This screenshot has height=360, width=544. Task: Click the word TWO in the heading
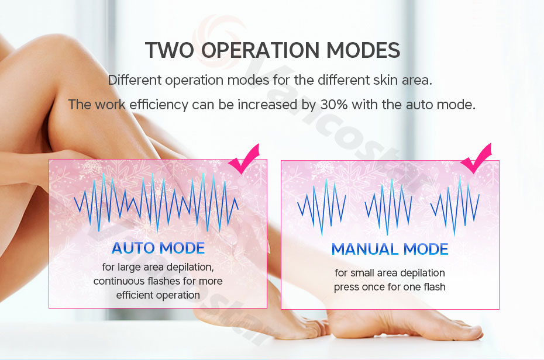pyautogui.click(x=170, y=50)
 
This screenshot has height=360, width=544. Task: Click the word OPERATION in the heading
pyautogui.click(x=260, y=50)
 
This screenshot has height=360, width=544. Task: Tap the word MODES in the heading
pyautogui.click(x=363, y=50)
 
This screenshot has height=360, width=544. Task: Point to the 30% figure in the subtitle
pyautogui.click(x=334, y=104)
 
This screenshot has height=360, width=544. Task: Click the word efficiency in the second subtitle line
pyautogui.click(x=159, y=105)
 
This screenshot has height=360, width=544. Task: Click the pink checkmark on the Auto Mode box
pyautogui.click(x=244, y=159)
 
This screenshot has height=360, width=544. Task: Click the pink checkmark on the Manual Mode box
pyautogui.click(x=476, y=158)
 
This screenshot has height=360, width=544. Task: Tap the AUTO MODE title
pyautogui.click(x=158, y=248)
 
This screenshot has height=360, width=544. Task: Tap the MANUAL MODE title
pyautogui.click(x=390, y=249)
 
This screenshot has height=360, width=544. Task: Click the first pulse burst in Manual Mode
pyautogui.click(x=322, y=207)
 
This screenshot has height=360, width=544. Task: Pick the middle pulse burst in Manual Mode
pyautogui.click(x=388, y=207)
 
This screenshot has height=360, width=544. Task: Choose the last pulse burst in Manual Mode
pyautogui.click(x=455, y=206)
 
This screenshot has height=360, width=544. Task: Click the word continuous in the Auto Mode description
pyautogui.click(x=119, y=281)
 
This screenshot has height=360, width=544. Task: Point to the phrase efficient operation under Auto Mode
pyautogui.click(x=158, y=295)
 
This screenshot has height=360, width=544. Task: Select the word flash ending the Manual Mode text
pyautogui.click(x=435, y=287)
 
